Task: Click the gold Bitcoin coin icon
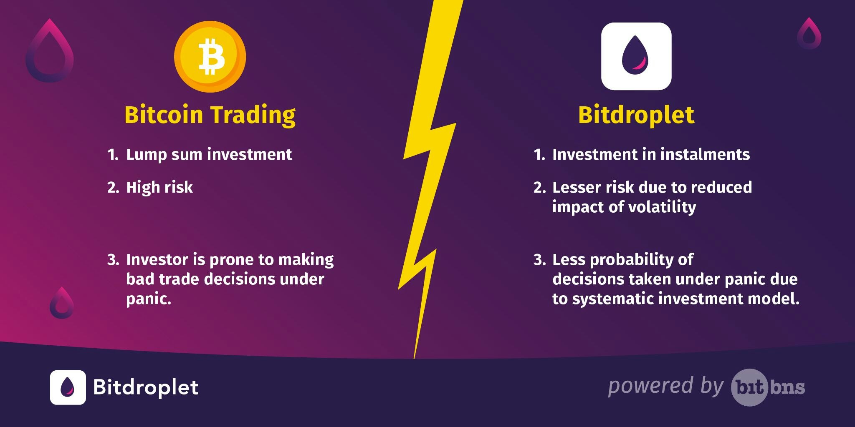[x=210, y=57]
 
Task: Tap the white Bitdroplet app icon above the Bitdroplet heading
[x=636, y=56]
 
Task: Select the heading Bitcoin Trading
[x=210, y=115]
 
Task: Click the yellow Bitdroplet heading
[x=636, y=115]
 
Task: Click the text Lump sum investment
[x=209, y=155]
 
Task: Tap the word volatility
[x=662, y=207]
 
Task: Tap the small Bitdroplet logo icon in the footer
[x=68, y=387]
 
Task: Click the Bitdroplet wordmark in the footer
[x=146, y=387]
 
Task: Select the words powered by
[x=665, y=386]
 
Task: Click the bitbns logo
[x=768, y=387]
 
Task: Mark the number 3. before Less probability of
[x=539, y=260]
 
